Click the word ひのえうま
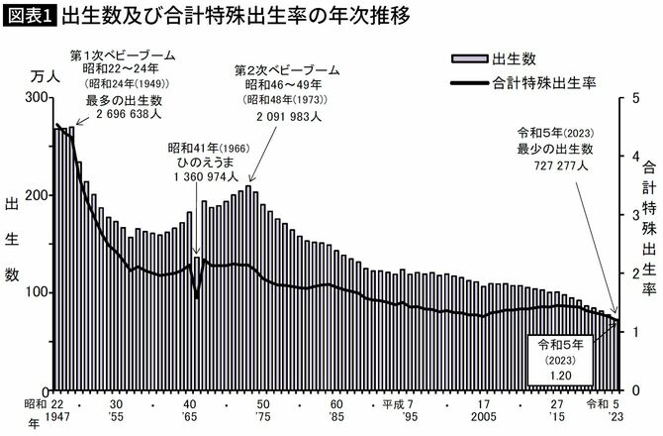point(206,161)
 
